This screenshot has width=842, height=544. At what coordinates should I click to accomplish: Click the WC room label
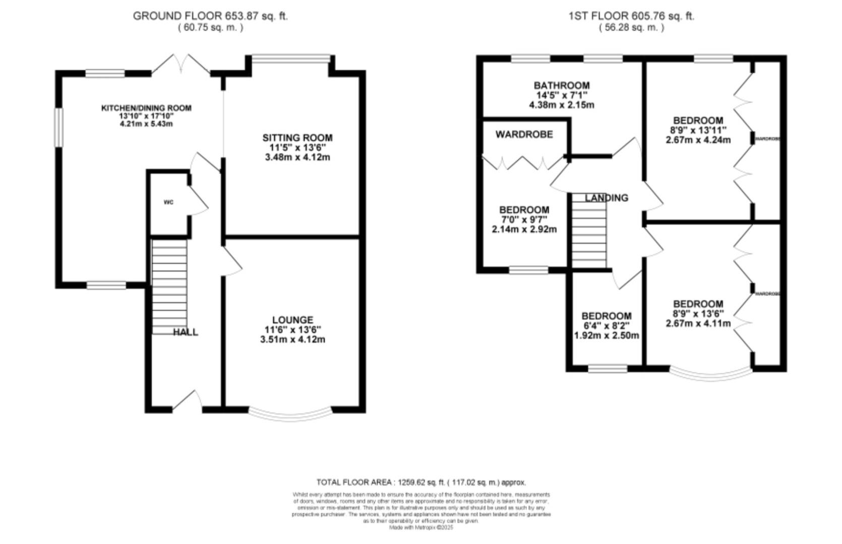[x=168, y=202]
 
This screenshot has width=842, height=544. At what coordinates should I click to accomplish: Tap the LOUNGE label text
[x=292, y=320]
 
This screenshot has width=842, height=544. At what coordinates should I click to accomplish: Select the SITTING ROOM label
[x=297, y=138]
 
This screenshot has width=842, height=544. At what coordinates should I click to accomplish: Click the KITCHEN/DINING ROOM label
[x=146, y=108]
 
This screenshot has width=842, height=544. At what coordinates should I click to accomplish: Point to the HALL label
[x=186, y=332]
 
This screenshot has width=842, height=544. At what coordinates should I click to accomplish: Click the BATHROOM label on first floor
[x=562, y=86]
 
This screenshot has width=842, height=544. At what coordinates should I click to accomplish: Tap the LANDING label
[x=607, y=198]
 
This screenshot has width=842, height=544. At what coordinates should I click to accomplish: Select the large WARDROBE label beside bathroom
[x=524, y=134]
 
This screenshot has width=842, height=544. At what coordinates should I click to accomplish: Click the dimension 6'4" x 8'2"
[x=606, y=326]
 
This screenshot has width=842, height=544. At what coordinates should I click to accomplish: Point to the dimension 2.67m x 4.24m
[x=698, y=140]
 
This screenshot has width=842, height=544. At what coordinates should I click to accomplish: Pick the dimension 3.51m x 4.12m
[x=292, y=339]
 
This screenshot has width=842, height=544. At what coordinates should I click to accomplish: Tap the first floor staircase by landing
[x=589, y=232]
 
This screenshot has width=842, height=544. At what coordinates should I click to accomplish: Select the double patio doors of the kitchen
[x=181, y=65]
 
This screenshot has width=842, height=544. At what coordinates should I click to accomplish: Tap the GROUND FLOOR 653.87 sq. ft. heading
[x=210, y=16]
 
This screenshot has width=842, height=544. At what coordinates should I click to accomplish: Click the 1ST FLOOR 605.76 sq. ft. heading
[x=631, y=16]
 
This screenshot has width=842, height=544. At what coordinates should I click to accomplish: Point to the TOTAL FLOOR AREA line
[x=421, y=482]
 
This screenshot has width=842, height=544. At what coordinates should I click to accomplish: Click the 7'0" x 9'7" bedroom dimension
[x=524, y=220]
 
